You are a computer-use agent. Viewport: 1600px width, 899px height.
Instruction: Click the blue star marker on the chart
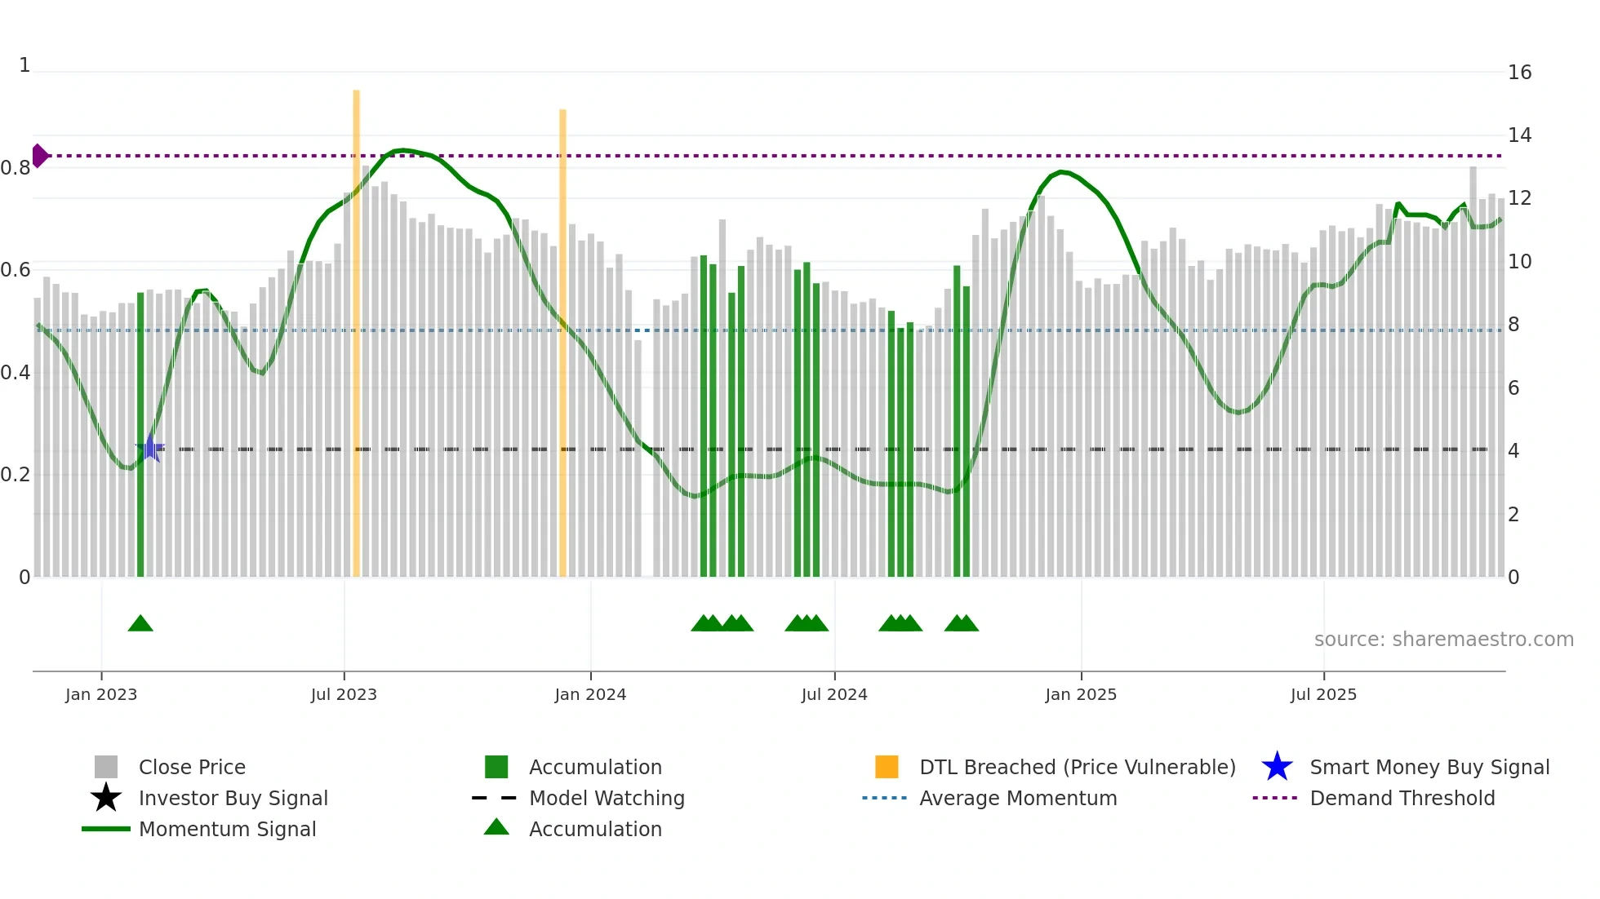point(150,448)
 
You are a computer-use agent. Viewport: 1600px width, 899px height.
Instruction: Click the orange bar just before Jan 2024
point(562,343)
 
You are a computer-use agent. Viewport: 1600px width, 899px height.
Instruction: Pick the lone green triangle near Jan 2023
point(140,624)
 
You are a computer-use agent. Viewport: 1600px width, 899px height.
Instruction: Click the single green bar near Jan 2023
point(140,432)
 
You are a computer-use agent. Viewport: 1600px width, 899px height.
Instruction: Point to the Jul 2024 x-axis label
point(834,695)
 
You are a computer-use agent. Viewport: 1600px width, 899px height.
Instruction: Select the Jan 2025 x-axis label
point(1081,695)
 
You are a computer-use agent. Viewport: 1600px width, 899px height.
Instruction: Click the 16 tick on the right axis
point(1519,73)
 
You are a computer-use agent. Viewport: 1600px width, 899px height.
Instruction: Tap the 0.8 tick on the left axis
point(16,168)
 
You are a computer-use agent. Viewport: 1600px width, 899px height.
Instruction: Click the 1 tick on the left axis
point(24,65)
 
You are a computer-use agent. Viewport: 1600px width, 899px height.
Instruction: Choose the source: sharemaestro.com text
point(1443,640)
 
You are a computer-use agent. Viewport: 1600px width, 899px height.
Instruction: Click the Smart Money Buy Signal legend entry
point(1429,768)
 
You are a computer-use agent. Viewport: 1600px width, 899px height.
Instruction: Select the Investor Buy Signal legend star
point(106,798)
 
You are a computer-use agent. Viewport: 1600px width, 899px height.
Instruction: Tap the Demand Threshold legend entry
point(1402,799)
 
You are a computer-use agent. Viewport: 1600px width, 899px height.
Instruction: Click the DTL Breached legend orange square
point(887,768)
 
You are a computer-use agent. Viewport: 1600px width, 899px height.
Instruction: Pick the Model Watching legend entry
point(606,799)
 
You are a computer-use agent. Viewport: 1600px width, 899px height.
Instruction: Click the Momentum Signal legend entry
point(227,830)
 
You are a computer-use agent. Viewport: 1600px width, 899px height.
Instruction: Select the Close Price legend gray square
point(106,768)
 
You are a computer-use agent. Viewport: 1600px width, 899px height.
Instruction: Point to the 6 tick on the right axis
point(1513,388)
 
